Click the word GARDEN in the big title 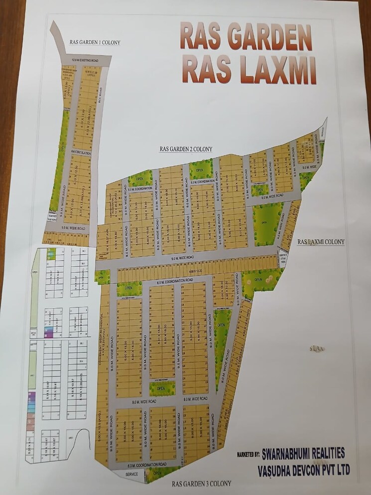[261, 37]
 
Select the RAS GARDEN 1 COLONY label [95, 42]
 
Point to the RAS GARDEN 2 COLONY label [186, 149]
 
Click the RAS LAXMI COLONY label [321, 242]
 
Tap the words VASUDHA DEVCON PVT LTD [303, 470]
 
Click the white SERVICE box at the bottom [131, 474]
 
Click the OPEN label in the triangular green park [221, 325]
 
